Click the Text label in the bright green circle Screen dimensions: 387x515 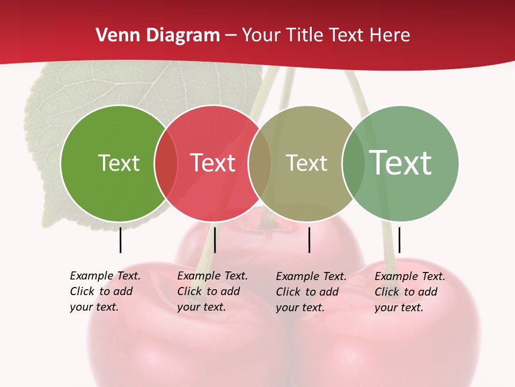(119, 163)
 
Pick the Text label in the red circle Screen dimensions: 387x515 (212, 163)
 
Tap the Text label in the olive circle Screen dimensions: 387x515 (306, 163)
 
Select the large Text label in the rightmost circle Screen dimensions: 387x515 (401, 163)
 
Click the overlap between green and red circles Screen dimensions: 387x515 (166, 163)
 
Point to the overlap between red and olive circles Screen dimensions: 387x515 (260, 163)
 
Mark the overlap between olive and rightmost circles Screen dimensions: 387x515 (353, 163)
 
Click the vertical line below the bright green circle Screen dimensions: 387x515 (121, 240)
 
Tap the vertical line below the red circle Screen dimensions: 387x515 (215, 240)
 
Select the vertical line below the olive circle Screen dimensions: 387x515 (310, 240)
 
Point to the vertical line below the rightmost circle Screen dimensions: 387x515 (400, 240)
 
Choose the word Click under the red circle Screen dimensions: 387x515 (189, 291)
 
